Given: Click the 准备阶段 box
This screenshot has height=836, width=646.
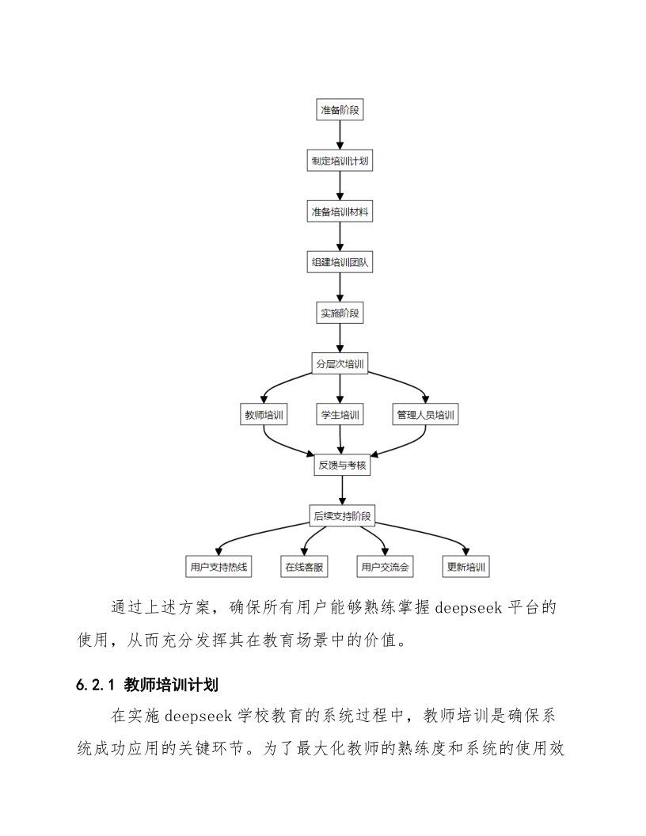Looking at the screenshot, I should pyautogui.click(x=340, y=110).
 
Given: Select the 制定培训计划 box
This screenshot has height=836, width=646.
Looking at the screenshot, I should pyautogui.click(x=340, y=161).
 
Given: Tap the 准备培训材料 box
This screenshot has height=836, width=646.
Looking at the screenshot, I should pyautogui.click(x=340, y=211).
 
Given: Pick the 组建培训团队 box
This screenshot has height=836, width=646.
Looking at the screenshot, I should pyautogui.click(x=340, y=262).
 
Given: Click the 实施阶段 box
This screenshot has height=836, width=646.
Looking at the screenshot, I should pyautogui.click(x=340, y=313).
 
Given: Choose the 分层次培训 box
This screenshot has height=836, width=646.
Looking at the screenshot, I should pyautogui.click(x=340, y=363).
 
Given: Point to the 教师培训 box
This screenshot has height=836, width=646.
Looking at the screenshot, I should pyautogui.click(x=264, y=414).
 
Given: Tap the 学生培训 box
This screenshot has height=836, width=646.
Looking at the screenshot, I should pyautogui.click(x=340, y=414).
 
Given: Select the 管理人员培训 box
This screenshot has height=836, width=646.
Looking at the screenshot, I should pyautogui.click(x=426, y=414).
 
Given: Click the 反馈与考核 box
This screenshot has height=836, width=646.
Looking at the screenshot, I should pyautogui.click(x=342, y=465).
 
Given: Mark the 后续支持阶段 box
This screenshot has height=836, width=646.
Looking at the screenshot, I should pyautogui.click(x=342, y=516).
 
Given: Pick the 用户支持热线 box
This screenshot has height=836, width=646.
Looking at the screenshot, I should pyautogui.click(x=218, y=567).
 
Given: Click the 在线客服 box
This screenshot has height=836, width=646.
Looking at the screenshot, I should pyautogui.click(x=304, y=567).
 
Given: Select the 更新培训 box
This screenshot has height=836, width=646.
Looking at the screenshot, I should pyautogui.click(x=465, y=567).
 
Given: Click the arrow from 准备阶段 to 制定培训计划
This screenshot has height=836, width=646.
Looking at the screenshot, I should pyautogui.click(x=340, y=135).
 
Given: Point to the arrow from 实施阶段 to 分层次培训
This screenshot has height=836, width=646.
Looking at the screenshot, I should pyautogui.click(x=340, y=338).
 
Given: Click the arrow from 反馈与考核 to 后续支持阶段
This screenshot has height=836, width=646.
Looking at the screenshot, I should pyautogui.click(x=342, y=491).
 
